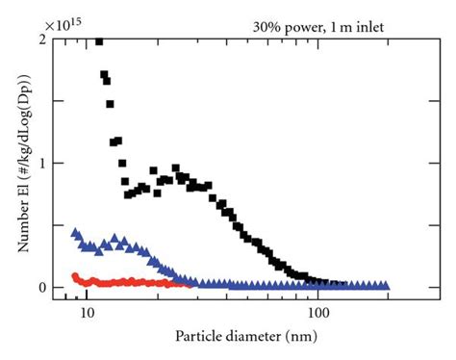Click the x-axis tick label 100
click(x=318, y=313)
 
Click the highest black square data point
click(x=99, y=41)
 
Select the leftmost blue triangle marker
click(x=76, y=233)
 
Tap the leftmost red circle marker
click(x=76, y=276)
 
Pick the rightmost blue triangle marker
click(x=386, y=286)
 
